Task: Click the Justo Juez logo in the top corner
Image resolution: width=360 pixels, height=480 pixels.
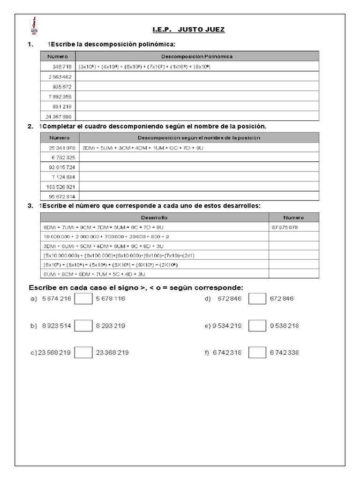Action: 34,25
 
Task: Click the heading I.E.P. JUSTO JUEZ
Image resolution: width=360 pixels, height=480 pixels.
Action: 188,30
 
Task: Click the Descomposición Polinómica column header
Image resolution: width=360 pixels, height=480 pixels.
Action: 197,56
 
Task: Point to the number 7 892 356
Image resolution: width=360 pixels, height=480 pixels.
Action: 60,96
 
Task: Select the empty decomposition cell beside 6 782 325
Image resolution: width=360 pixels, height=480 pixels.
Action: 199,157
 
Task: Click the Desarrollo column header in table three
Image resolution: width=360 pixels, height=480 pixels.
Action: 154,217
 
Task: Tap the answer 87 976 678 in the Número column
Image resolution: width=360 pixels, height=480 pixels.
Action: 285,227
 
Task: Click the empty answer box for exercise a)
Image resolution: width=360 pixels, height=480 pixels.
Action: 83,299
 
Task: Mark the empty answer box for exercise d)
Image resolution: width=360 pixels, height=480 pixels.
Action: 257,299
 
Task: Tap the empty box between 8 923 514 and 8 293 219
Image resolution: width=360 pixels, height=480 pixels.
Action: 83,326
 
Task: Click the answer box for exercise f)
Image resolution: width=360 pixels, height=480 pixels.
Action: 257,352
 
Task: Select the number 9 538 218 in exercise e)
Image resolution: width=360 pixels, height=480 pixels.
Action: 284,326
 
